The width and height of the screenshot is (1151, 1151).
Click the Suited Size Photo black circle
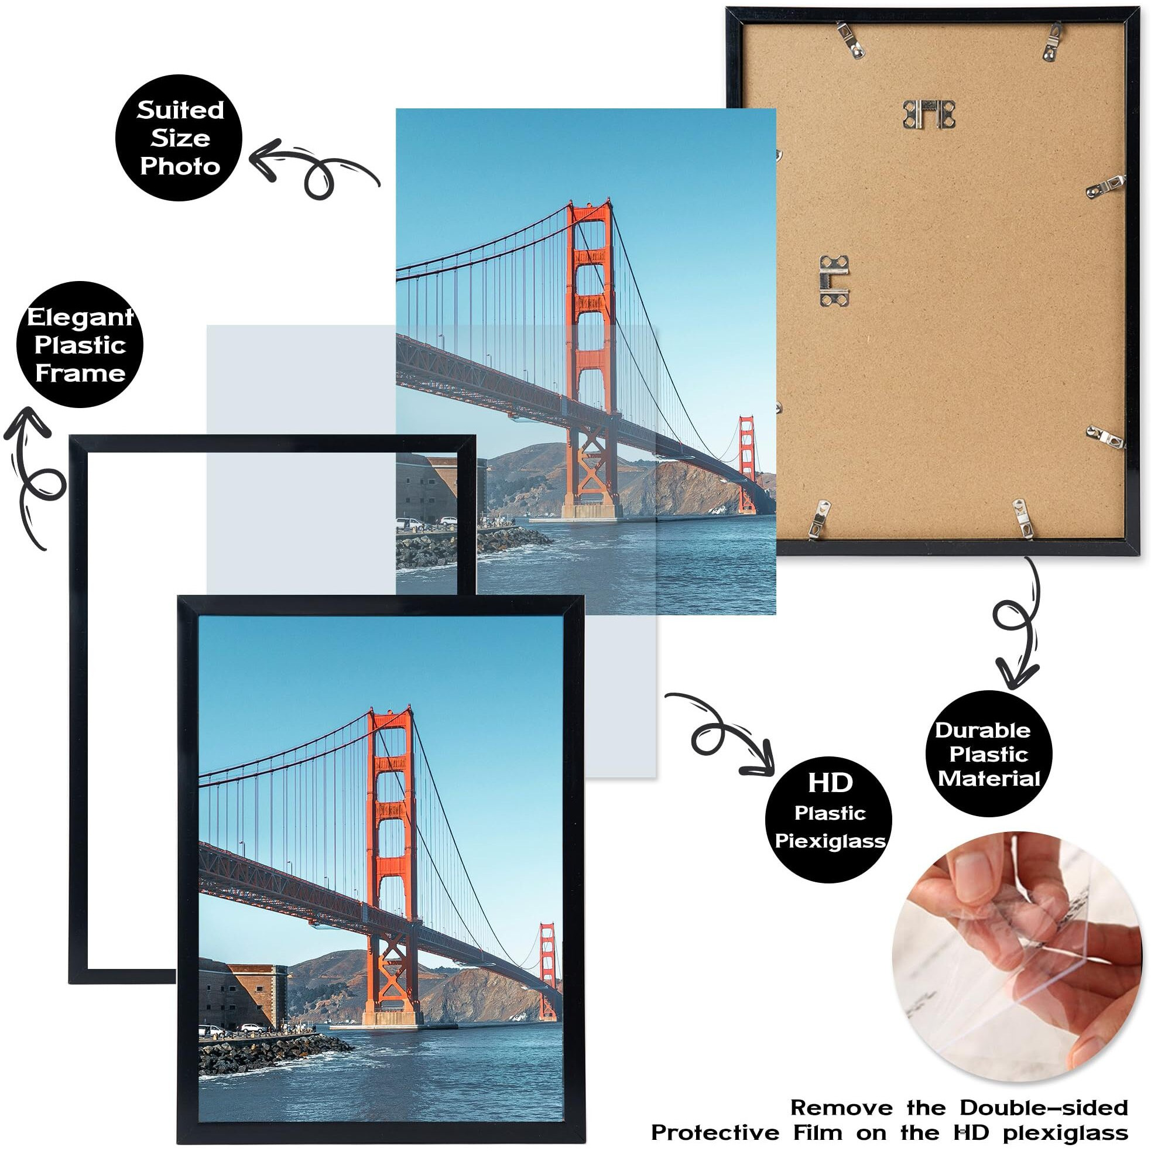coord(179,138)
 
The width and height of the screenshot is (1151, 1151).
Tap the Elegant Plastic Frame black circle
coord(80,345)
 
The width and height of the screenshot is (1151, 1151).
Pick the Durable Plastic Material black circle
coord(988,753)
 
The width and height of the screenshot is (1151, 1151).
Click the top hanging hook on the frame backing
coord(929,114)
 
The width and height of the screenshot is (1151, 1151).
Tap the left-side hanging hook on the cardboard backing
coord(834,280)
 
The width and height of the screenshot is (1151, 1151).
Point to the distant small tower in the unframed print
coord(746,465)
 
